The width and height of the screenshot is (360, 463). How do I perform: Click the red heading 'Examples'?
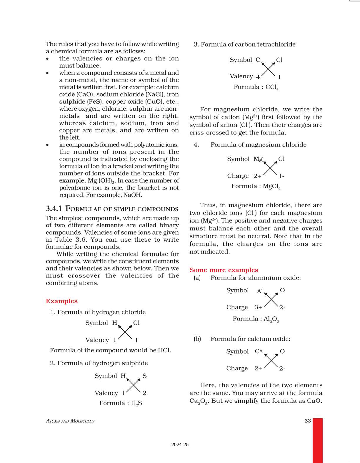(61, 301)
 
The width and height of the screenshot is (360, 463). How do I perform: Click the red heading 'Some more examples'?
(224, 270)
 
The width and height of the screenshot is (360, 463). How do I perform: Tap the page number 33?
(308, 421)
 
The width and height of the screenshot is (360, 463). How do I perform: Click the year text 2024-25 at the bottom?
(180, 445)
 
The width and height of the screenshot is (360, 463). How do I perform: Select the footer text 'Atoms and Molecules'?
(70, 421)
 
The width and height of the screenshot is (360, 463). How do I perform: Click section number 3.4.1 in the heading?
(54, 209)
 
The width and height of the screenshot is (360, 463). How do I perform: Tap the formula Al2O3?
(271, 319)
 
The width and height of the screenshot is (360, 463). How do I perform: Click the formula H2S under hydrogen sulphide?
(136, 403)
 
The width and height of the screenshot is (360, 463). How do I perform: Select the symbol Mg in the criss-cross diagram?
(258, 159)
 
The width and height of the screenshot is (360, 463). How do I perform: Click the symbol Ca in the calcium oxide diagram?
(259, 351)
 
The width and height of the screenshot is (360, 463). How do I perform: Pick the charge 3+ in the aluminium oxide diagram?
(258, 307)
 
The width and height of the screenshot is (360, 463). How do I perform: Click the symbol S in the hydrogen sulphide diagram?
(144, 376)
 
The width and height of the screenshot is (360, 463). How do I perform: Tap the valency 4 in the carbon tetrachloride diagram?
(258, 77)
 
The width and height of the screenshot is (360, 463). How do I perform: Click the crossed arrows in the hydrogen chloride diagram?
(125, 333)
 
